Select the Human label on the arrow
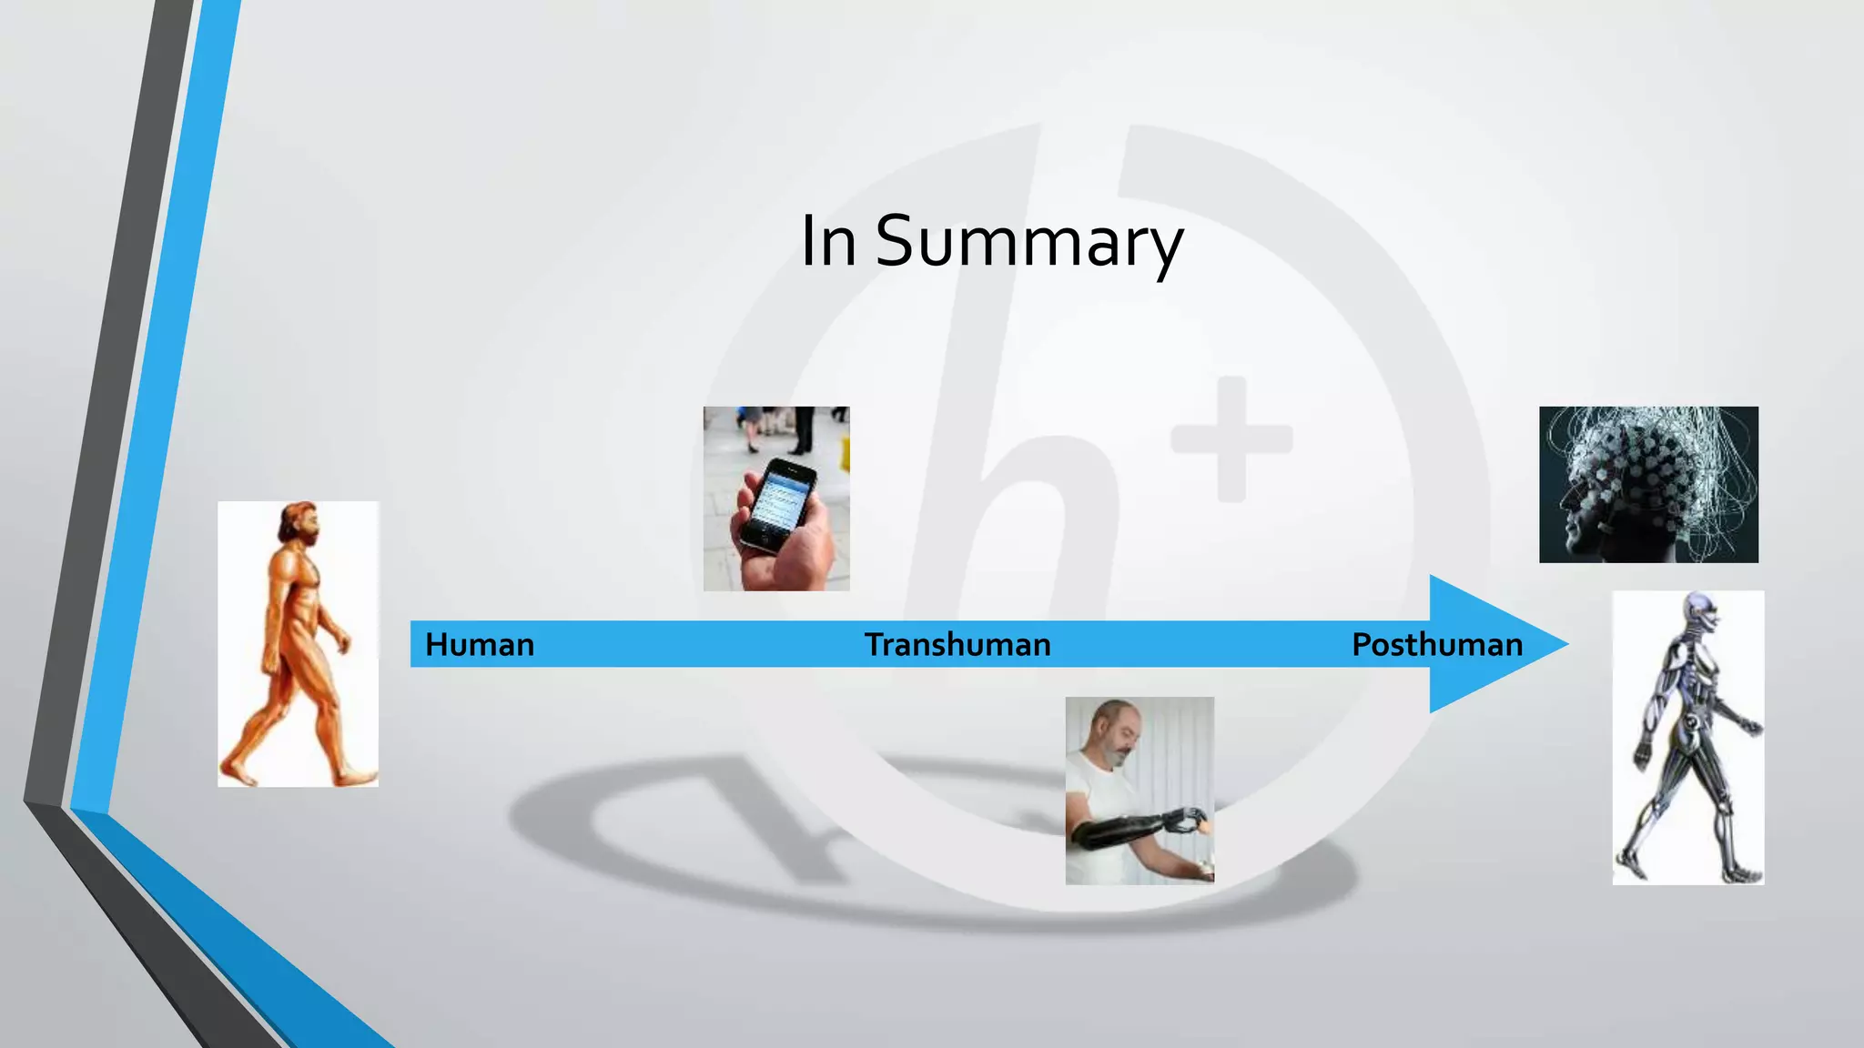click(x=480, y=644)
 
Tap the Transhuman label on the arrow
click(x=957, y=644)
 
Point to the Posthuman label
click(x=1436, y=644)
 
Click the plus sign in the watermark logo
click(x=1231, y=439)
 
